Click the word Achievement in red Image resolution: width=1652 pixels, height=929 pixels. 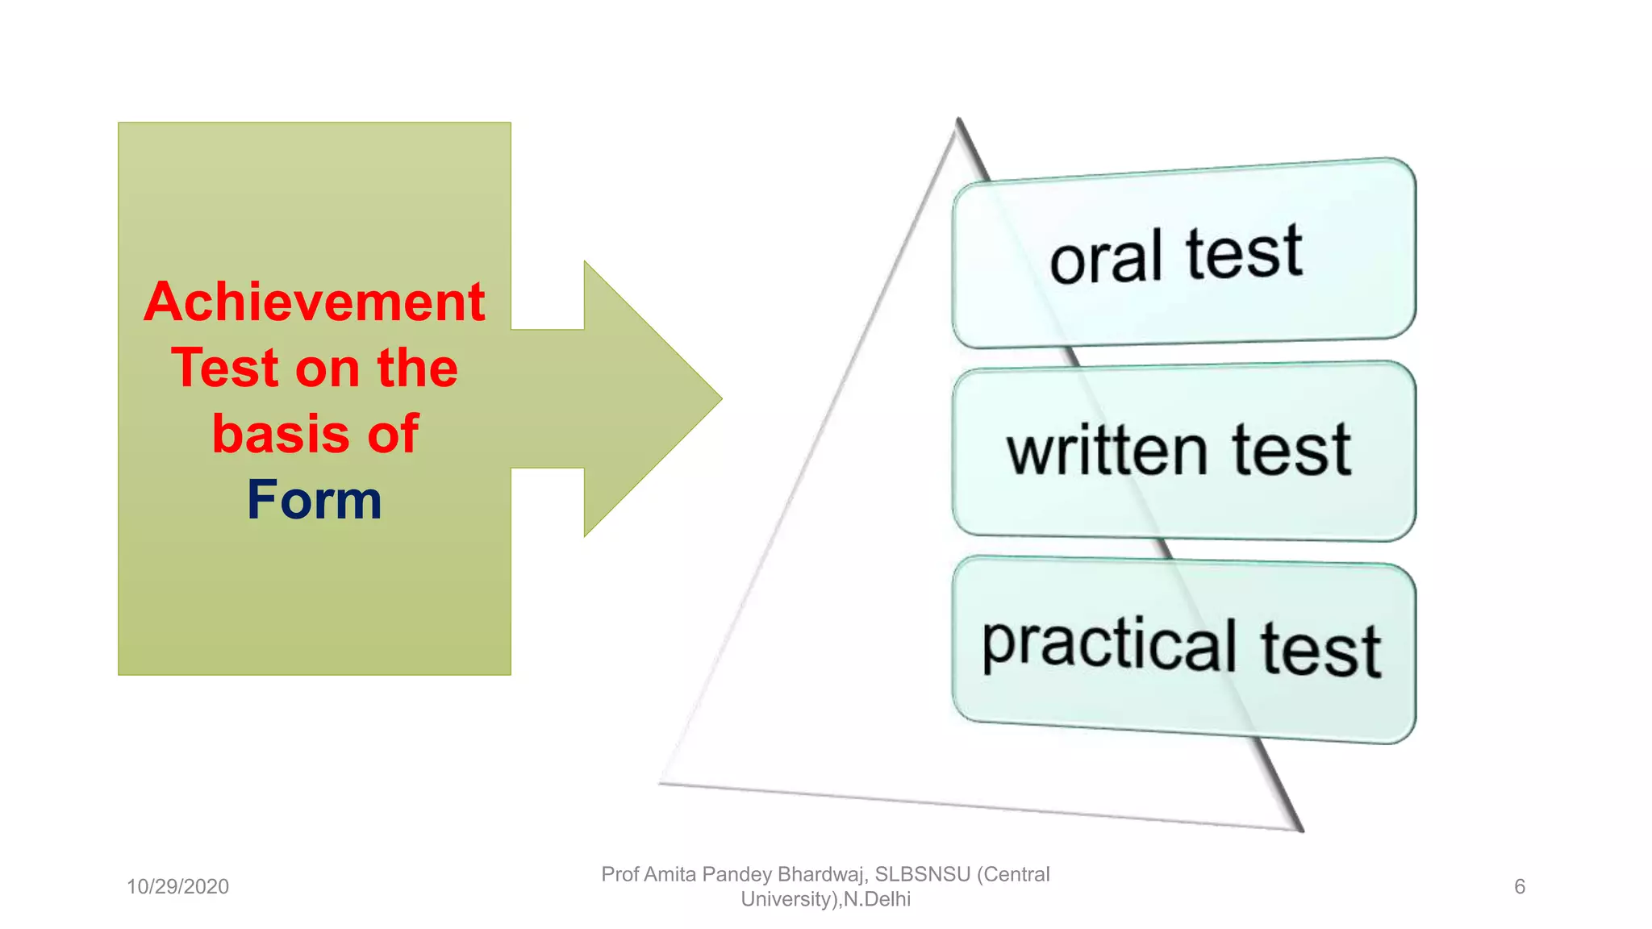(314, 302)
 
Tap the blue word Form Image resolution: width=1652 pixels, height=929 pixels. (314, 500)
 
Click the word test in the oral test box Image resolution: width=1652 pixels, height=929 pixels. (1244, 253)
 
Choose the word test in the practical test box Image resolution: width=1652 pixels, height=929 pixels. (1320, 650)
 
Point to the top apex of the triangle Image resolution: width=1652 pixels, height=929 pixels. (958, 121)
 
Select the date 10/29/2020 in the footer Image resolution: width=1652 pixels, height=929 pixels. (177, 887)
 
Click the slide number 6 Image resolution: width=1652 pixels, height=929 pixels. (1519, 887)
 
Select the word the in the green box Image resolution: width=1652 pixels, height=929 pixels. (417, 369)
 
